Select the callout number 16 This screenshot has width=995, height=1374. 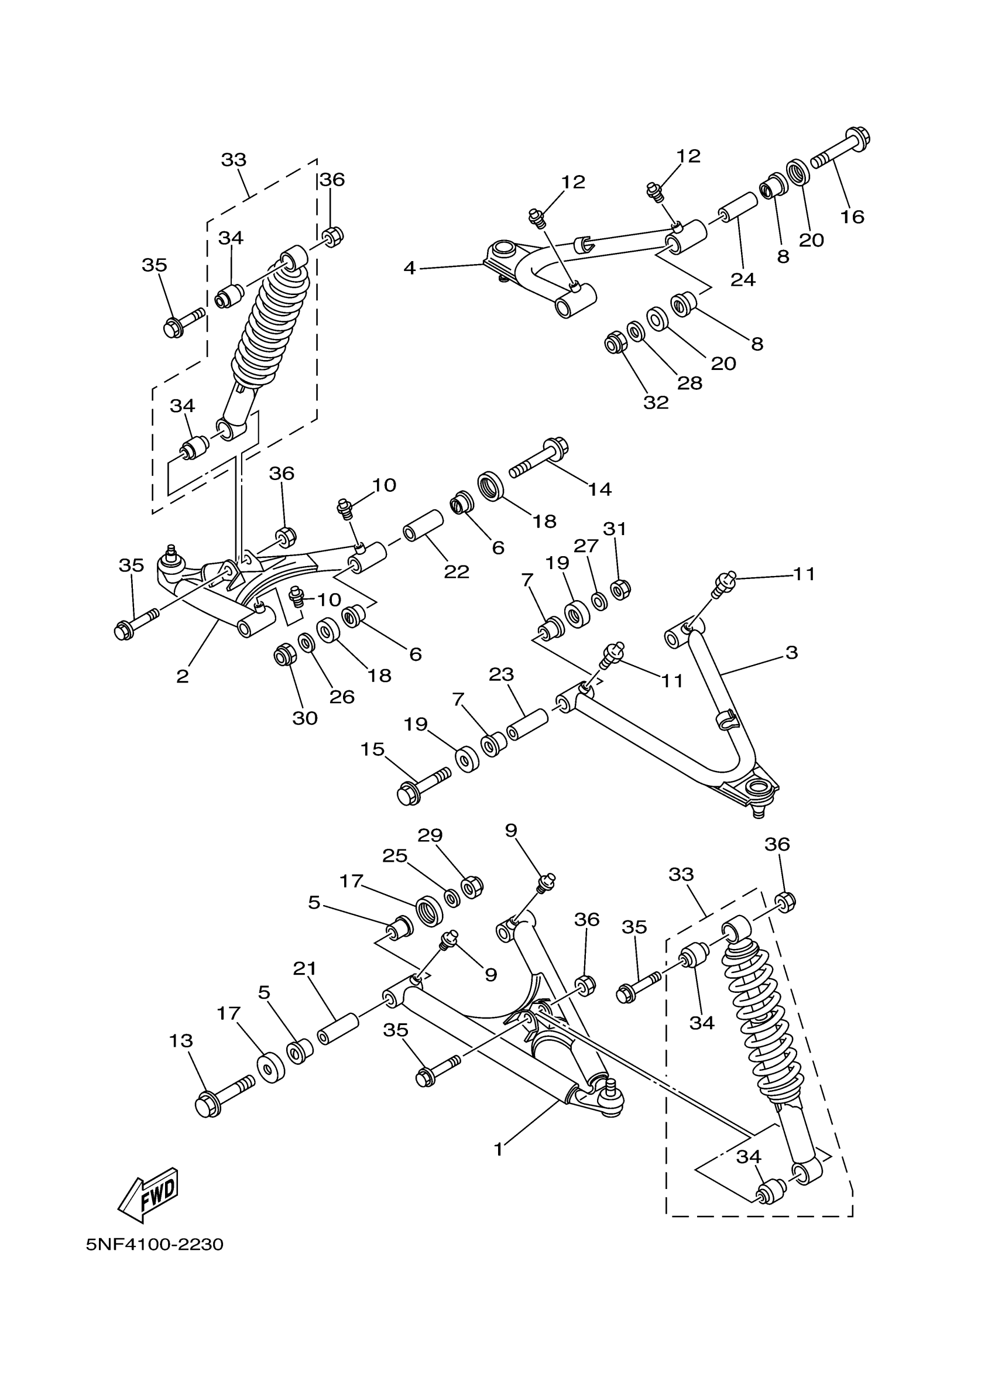coord(852,216)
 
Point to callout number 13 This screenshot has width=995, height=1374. coord(181,1041)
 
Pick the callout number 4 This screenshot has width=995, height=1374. coord(410,268)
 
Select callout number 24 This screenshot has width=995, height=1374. coord(743,279)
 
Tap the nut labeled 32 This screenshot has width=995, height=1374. coord(616,343)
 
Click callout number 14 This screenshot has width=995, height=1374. coord(599,489)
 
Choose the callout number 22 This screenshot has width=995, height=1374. coord(457,571)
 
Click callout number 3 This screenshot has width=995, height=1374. coord(791,653)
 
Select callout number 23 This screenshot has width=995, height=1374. coord(502,674)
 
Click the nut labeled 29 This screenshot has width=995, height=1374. coord(472,887)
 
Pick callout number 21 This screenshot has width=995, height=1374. coord(305,969)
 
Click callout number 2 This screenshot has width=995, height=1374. coord(182,676)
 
